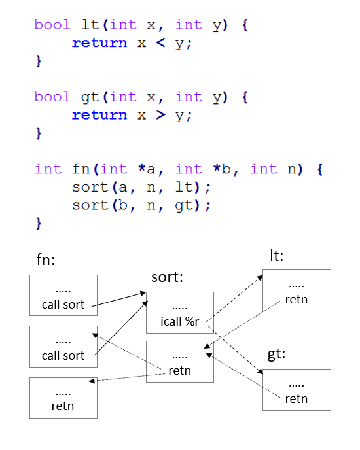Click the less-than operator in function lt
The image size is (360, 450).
click(x=160, y=43)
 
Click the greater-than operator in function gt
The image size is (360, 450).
click(x=160, y=115)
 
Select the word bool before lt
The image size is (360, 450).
click(x=52, y=25)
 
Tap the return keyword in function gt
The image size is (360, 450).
click(x=99, y=115)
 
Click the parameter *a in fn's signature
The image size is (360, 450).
click(x=147, y=169)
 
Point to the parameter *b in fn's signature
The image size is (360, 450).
click(x=222, y=169)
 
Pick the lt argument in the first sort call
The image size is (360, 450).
click(x=183, y=187)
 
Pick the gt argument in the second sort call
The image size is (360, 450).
click(x=183, y=206)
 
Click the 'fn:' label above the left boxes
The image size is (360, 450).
click(x=45, y=260)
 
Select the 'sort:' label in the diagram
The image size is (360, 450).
click(x=167, y=277)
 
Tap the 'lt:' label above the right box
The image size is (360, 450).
click(x=277, y=256)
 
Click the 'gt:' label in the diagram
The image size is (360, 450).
click(x=276, y=354)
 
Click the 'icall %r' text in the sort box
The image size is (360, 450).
click(x=179, y=321)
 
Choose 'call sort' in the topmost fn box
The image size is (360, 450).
click(x=63, y=305)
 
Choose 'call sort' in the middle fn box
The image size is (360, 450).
click(x=63, y=356)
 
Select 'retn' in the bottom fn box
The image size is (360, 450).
click(x=63, y=406)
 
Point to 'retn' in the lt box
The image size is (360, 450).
click(x=297, y=300)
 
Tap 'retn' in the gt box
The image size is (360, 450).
click(x=297, y=399)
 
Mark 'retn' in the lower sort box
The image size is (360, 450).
click(x=179, y=371)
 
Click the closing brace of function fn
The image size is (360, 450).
click(x=39, y=223)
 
